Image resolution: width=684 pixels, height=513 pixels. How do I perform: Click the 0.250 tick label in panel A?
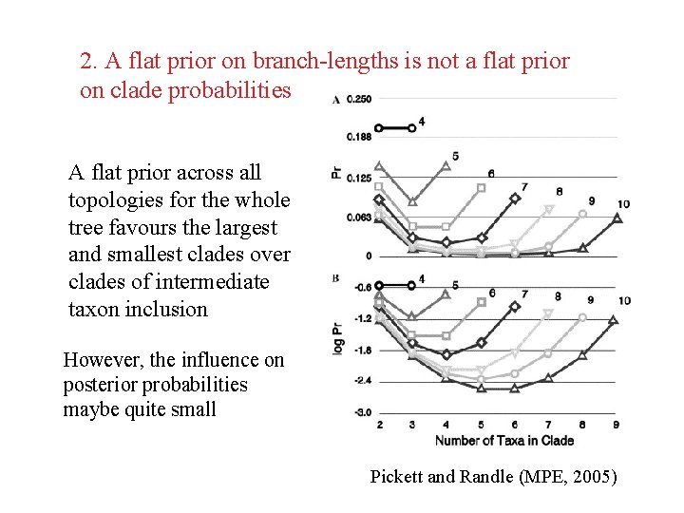(359, 99)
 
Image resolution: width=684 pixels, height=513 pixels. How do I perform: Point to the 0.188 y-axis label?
(359, 137)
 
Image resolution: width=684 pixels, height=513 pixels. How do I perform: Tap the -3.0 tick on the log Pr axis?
(363, 411)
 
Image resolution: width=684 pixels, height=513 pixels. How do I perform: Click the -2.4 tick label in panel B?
(363, 380)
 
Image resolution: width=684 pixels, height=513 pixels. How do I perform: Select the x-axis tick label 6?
(514, 425)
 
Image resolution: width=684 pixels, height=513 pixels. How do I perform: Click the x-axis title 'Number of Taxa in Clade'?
(504, 441)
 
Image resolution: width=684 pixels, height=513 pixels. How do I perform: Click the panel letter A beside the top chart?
(336, 99)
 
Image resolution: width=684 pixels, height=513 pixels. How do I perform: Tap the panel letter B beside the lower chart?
(335, 278)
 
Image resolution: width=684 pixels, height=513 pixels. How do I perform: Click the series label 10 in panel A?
(623, 204)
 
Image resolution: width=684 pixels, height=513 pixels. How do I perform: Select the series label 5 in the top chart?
(455, 156)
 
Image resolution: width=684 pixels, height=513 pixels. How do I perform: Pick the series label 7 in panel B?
(524, 294)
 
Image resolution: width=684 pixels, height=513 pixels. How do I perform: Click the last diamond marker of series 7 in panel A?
(515, 198)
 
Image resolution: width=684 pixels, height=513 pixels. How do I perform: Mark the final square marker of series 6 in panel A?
(481, 188)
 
